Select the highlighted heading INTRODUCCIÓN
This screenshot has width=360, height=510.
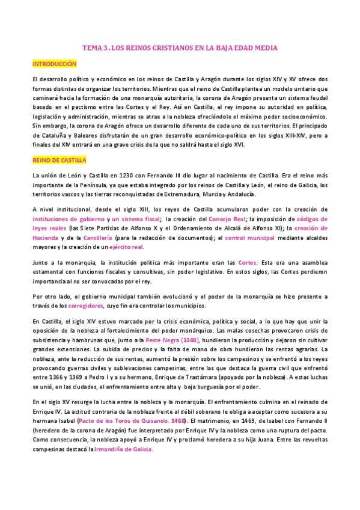[x=55, y=63]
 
